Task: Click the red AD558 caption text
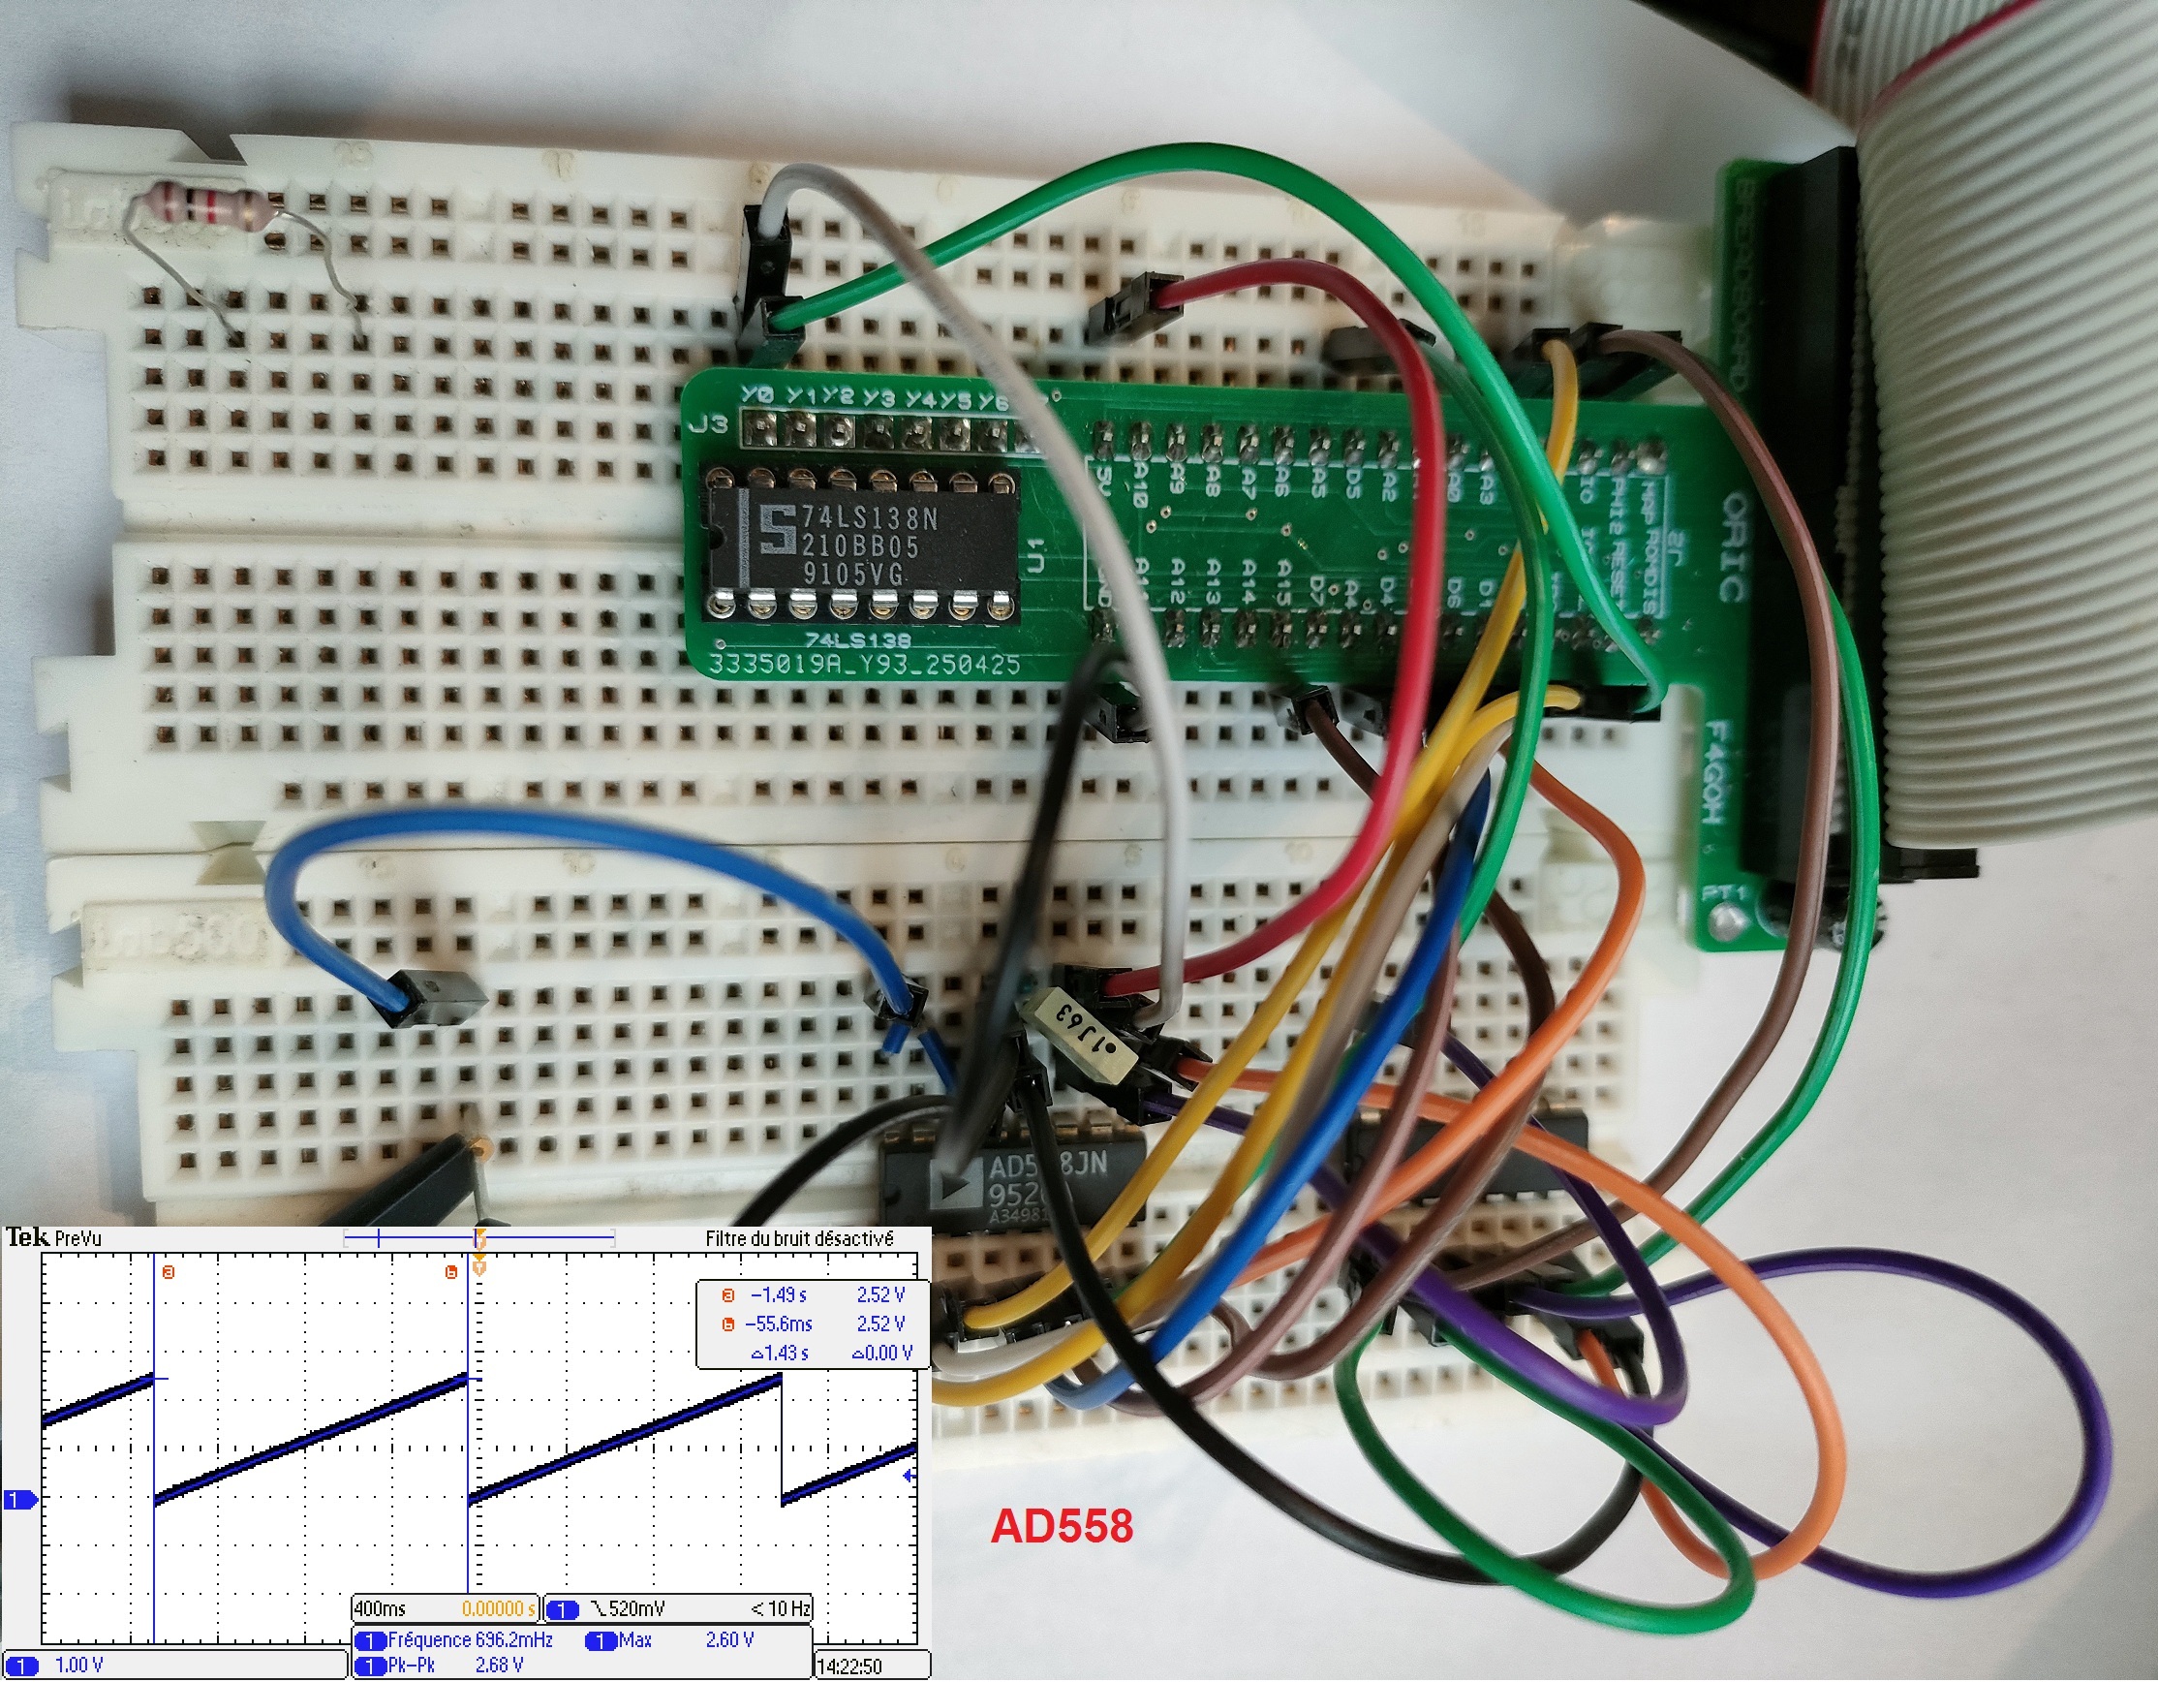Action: pos(1062,1527)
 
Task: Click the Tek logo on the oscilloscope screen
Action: pos(27,1238)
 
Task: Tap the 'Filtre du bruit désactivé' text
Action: pos(798,1239)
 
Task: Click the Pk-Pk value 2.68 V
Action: pos(499,1666)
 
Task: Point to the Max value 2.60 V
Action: pos(729,1640)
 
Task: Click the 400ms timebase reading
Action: pos(381,1609)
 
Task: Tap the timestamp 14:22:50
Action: pos(849,1667)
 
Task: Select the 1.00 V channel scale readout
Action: pos(79,1666)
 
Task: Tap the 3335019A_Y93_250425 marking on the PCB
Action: pos(864,664)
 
